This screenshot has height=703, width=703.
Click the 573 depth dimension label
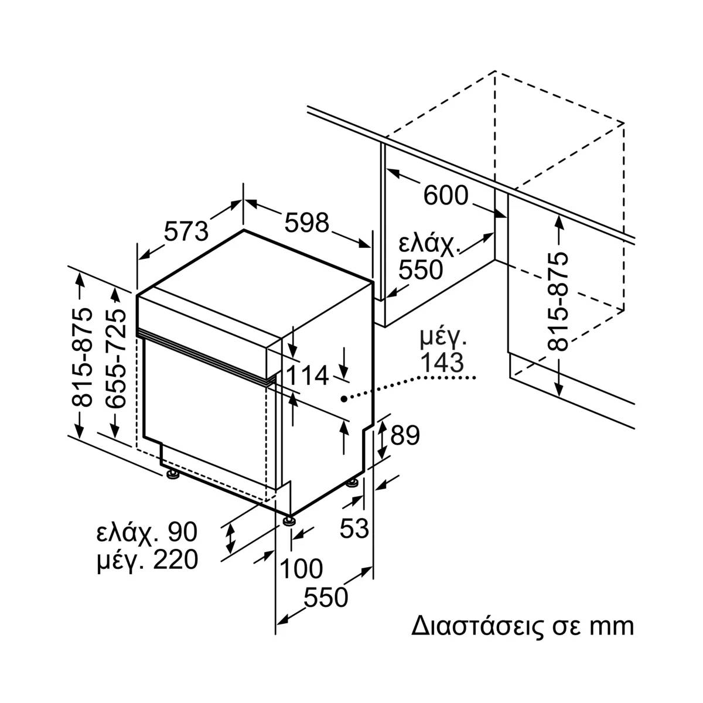(186, 231)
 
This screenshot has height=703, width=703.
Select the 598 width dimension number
(308, 223)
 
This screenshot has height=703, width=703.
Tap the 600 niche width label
(446, 196)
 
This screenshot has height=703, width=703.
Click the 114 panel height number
(308, 376)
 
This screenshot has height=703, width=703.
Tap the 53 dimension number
(354, 529)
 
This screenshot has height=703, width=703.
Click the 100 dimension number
(301, 568)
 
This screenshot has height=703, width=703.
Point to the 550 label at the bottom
(326, 598)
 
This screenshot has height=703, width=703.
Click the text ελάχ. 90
(147, 532)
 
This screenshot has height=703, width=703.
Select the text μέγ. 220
(147, 560)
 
